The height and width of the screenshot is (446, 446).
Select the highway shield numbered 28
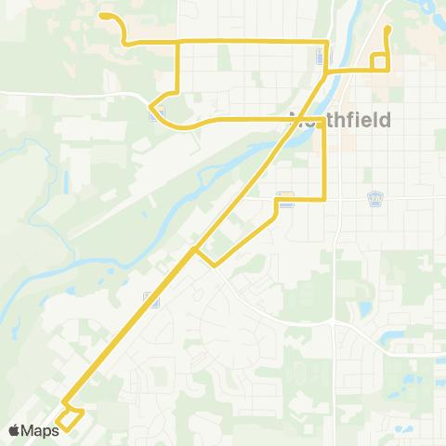click(x=375, y=198)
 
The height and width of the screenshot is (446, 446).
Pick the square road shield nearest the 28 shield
click(x=286, y=198)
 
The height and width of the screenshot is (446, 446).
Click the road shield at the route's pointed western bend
click(x=155, y=112)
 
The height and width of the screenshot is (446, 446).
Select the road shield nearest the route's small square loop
click(x=321, y=58)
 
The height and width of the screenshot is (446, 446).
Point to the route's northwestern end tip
click(x=103, y=16)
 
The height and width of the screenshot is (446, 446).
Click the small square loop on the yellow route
click(x=379, y=62)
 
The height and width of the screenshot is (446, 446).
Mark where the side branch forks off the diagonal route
click(x=193, y=249)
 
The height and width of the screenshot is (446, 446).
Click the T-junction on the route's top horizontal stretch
click(x=177, y=41)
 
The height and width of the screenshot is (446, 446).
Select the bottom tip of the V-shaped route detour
click(x=215, y=266)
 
